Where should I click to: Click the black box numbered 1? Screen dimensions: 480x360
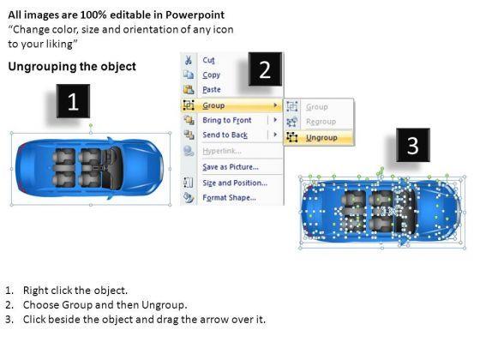point(73,101)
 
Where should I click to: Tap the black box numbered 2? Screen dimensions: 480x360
point(265,69)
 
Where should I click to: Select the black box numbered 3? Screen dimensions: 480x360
point(413,145)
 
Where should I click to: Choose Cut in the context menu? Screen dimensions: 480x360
point(209,60)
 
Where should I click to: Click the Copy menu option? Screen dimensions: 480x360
point(211,75)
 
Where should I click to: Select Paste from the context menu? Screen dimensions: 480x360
point(212,89)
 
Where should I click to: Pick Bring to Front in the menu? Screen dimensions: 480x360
point(227,120)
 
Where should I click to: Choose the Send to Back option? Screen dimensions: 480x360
point(225,135)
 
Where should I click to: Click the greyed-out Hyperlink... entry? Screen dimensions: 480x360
point(222,151)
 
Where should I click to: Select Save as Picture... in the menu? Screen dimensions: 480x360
point(231,167)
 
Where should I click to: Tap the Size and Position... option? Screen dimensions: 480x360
point(235,183)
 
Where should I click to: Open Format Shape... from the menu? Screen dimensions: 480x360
point(230,197)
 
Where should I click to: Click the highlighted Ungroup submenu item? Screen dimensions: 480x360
point(321,138)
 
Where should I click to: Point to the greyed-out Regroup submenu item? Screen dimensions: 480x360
point(321,122)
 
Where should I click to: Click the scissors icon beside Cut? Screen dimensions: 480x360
point(189,60)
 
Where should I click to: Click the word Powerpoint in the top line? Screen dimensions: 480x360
point(195,15)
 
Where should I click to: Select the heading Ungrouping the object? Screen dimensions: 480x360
point(72,67)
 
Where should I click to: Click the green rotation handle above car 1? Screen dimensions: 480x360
point(91,125)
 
